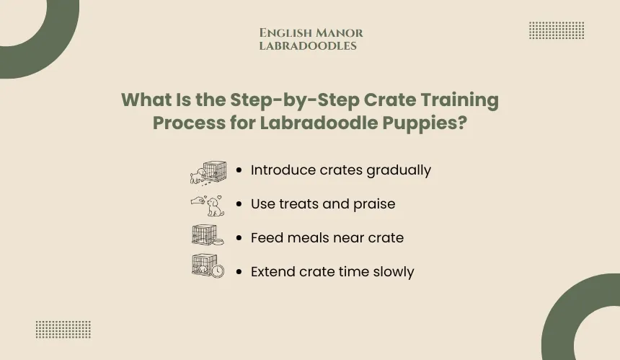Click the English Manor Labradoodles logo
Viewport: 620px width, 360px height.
[x=311, y=39]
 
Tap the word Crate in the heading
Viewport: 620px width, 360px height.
[x=389, y=100]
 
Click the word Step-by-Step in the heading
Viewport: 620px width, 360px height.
[x=295, y=100]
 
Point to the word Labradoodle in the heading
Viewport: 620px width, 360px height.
[x=319, y=123]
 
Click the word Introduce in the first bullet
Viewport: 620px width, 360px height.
[x=283, y=170]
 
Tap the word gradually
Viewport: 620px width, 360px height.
[x=399, y=171]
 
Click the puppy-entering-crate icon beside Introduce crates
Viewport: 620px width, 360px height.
[x=208, y=173]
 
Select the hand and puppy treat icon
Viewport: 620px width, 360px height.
[x=208, y=206]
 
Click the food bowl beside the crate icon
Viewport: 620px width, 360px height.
[x=218, y=241]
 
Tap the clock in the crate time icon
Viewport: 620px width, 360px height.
[x=218, y=271]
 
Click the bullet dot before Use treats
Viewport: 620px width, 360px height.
[x=239, y=203]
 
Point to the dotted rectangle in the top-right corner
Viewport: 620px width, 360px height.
[x=557, y=30]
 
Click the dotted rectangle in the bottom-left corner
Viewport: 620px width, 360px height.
[x=63, y=330]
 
